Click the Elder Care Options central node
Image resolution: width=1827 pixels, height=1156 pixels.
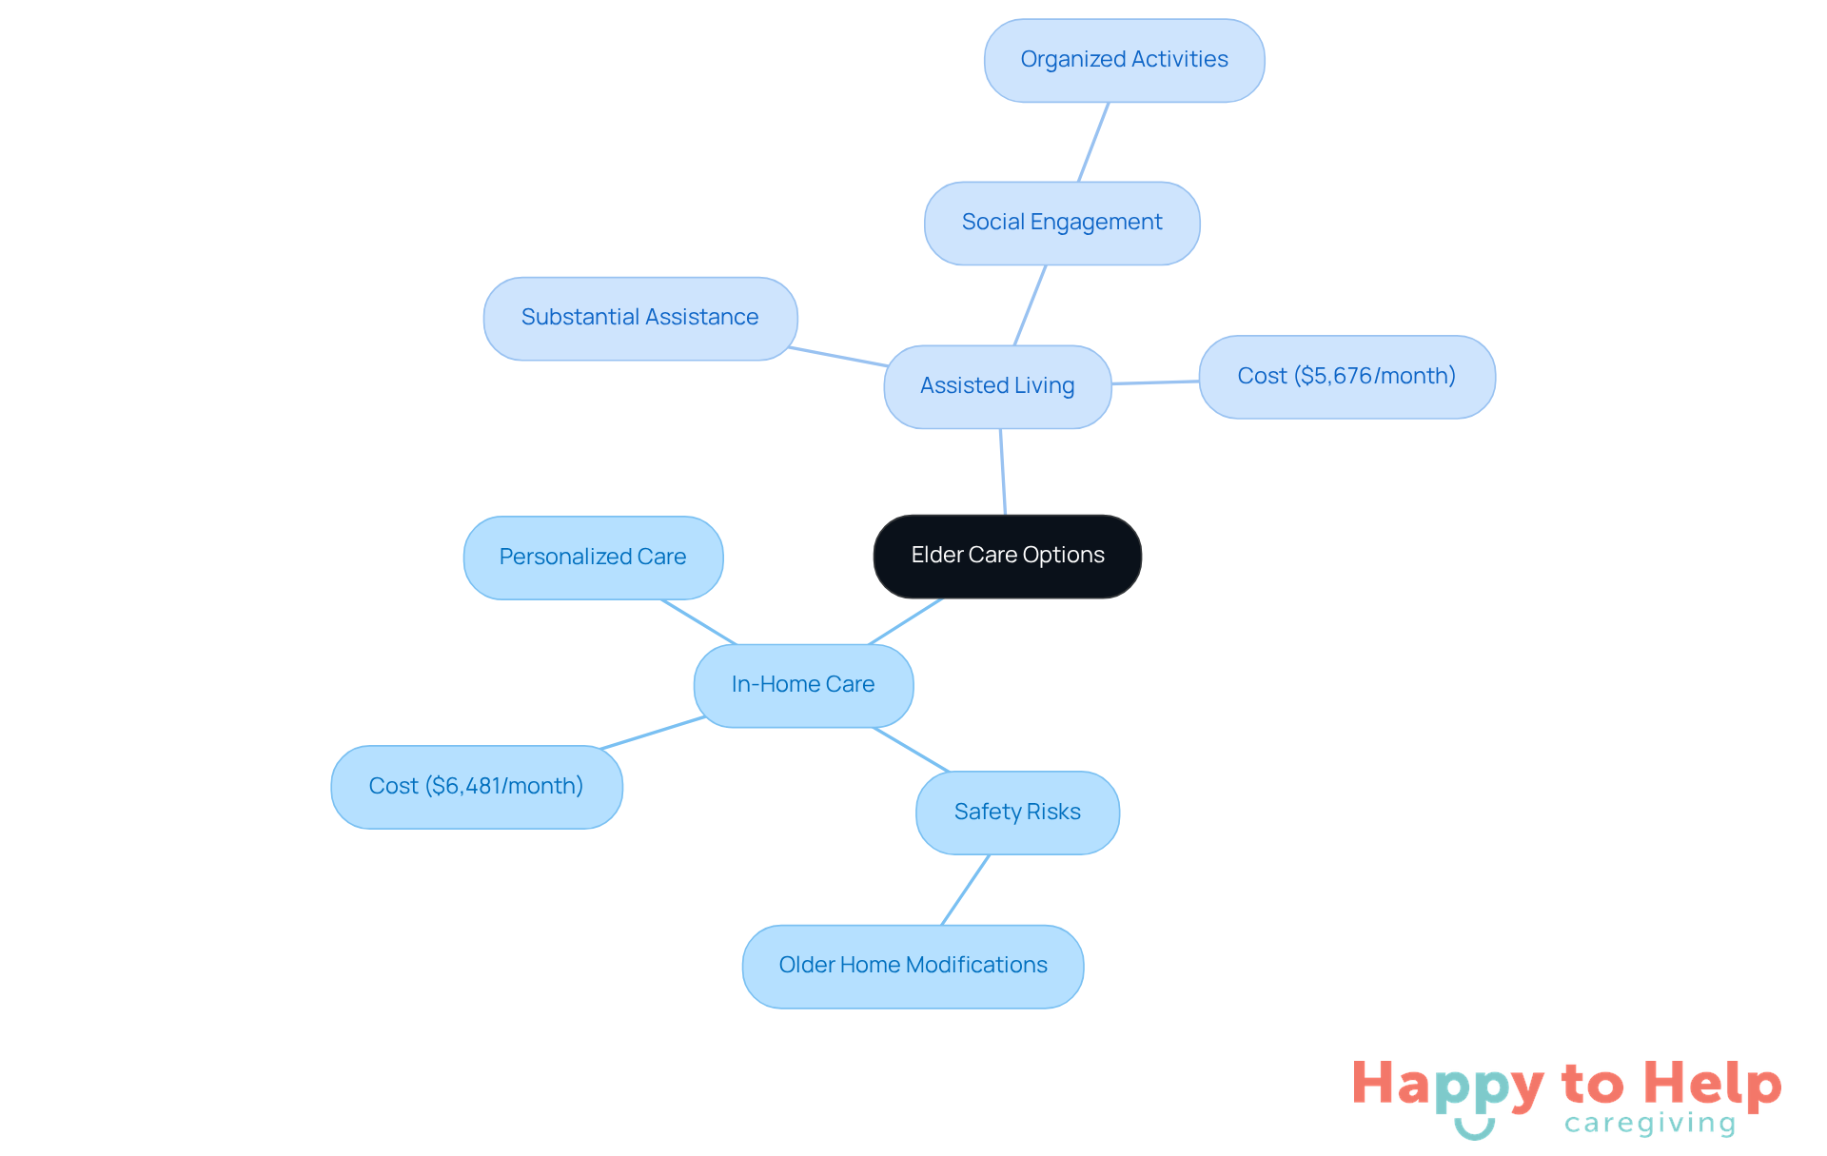tap(1008, 557)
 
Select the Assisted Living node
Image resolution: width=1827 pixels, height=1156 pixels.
tap(997, 386)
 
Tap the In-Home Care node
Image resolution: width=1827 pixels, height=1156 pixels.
tap(803, 686)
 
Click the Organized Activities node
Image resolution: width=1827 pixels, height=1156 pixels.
tap(1124, 60)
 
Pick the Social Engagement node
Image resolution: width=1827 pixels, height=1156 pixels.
tap(1062, 223)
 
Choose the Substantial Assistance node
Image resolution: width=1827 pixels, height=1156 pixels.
tap(640, 319)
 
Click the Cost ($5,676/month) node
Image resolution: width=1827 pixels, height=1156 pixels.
tap(1346, 377)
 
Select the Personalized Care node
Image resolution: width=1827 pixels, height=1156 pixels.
tap(593, 558)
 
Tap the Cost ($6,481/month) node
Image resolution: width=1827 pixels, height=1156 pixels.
tap(477, 787)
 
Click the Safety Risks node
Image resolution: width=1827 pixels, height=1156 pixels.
tap(1017, 813)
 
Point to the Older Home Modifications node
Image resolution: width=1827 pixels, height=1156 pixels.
tap(913, 967)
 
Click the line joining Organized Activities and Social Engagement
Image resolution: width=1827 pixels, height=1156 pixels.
tap(1093, 142)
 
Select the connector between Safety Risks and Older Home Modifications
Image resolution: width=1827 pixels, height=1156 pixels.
tap(965, 890)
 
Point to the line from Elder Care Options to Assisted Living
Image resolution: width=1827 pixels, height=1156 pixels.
tap(1003, 472)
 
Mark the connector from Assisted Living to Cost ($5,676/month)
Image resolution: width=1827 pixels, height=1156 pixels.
tap(1155, 382)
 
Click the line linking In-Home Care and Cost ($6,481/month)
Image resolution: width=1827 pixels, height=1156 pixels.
tap(653, 733)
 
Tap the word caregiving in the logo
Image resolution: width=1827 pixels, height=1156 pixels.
tap(1650, 1124)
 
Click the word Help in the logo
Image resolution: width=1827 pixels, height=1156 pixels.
tap(1712, 1084)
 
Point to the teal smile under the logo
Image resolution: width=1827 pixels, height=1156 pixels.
tap(1474, 1129)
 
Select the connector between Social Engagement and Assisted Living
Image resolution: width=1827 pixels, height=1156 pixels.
tap(1030, 305)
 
